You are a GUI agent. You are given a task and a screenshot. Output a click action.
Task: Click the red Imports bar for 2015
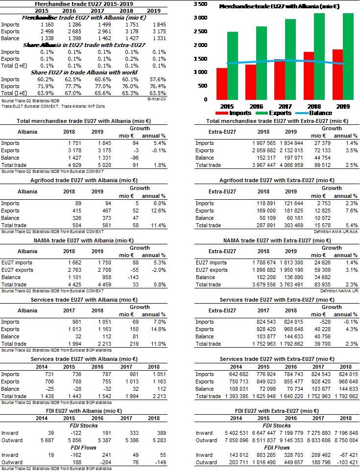coord(222,84)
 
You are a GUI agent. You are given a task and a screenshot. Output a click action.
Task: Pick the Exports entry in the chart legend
coord(274,113)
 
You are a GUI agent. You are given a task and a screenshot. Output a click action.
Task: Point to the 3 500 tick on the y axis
coord(200,4)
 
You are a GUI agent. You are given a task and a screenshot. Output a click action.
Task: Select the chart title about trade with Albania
coord(279,7)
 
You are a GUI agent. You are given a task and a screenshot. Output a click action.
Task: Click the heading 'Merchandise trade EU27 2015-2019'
coord(70,3)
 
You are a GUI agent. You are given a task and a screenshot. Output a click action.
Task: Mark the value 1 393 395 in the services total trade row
coord(236,396)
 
